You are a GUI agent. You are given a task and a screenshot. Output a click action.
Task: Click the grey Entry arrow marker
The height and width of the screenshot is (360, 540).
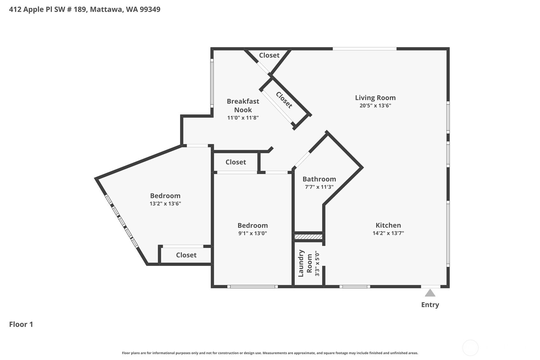430,293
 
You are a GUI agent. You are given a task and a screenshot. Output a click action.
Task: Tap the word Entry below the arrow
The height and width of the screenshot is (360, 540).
430,305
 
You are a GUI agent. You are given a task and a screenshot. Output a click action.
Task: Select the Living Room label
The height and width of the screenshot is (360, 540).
375,98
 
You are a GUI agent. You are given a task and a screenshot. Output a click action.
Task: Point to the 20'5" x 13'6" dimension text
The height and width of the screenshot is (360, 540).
375,106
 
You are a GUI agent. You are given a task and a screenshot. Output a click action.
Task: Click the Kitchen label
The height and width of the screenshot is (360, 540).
388,225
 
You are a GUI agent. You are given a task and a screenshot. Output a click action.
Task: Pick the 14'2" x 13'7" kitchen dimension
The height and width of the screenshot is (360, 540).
388,233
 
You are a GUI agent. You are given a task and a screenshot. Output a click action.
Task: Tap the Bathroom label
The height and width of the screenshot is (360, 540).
319,179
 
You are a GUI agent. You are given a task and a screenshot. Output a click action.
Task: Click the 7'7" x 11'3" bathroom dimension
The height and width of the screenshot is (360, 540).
319,187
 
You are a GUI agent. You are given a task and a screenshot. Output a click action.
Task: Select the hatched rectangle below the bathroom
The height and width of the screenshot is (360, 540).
309,236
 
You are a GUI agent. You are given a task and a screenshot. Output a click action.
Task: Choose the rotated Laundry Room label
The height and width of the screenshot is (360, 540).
305,263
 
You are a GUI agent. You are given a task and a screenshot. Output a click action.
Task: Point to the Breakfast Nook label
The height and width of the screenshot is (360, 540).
243,105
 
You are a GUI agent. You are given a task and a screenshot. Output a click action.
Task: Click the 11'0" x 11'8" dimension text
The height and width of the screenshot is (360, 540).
243,118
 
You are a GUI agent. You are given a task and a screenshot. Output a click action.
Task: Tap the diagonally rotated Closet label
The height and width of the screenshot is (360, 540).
284,100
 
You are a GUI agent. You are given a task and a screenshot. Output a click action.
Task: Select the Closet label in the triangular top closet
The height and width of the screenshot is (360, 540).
269,55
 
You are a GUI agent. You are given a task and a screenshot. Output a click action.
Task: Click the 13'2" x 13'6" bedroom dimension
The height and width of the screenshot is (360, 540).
165,203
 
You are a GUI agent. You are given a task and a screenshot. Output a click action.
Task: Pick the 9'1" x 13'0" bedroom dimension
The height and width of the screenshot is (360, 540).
253,233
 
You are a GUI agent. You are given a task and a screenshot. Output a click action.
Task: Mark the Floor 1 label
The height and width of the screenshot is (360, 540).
21,324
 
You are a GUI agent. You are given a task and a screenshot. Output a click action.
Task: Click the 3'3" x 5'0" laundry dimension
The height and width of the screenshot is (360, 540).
317,263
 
